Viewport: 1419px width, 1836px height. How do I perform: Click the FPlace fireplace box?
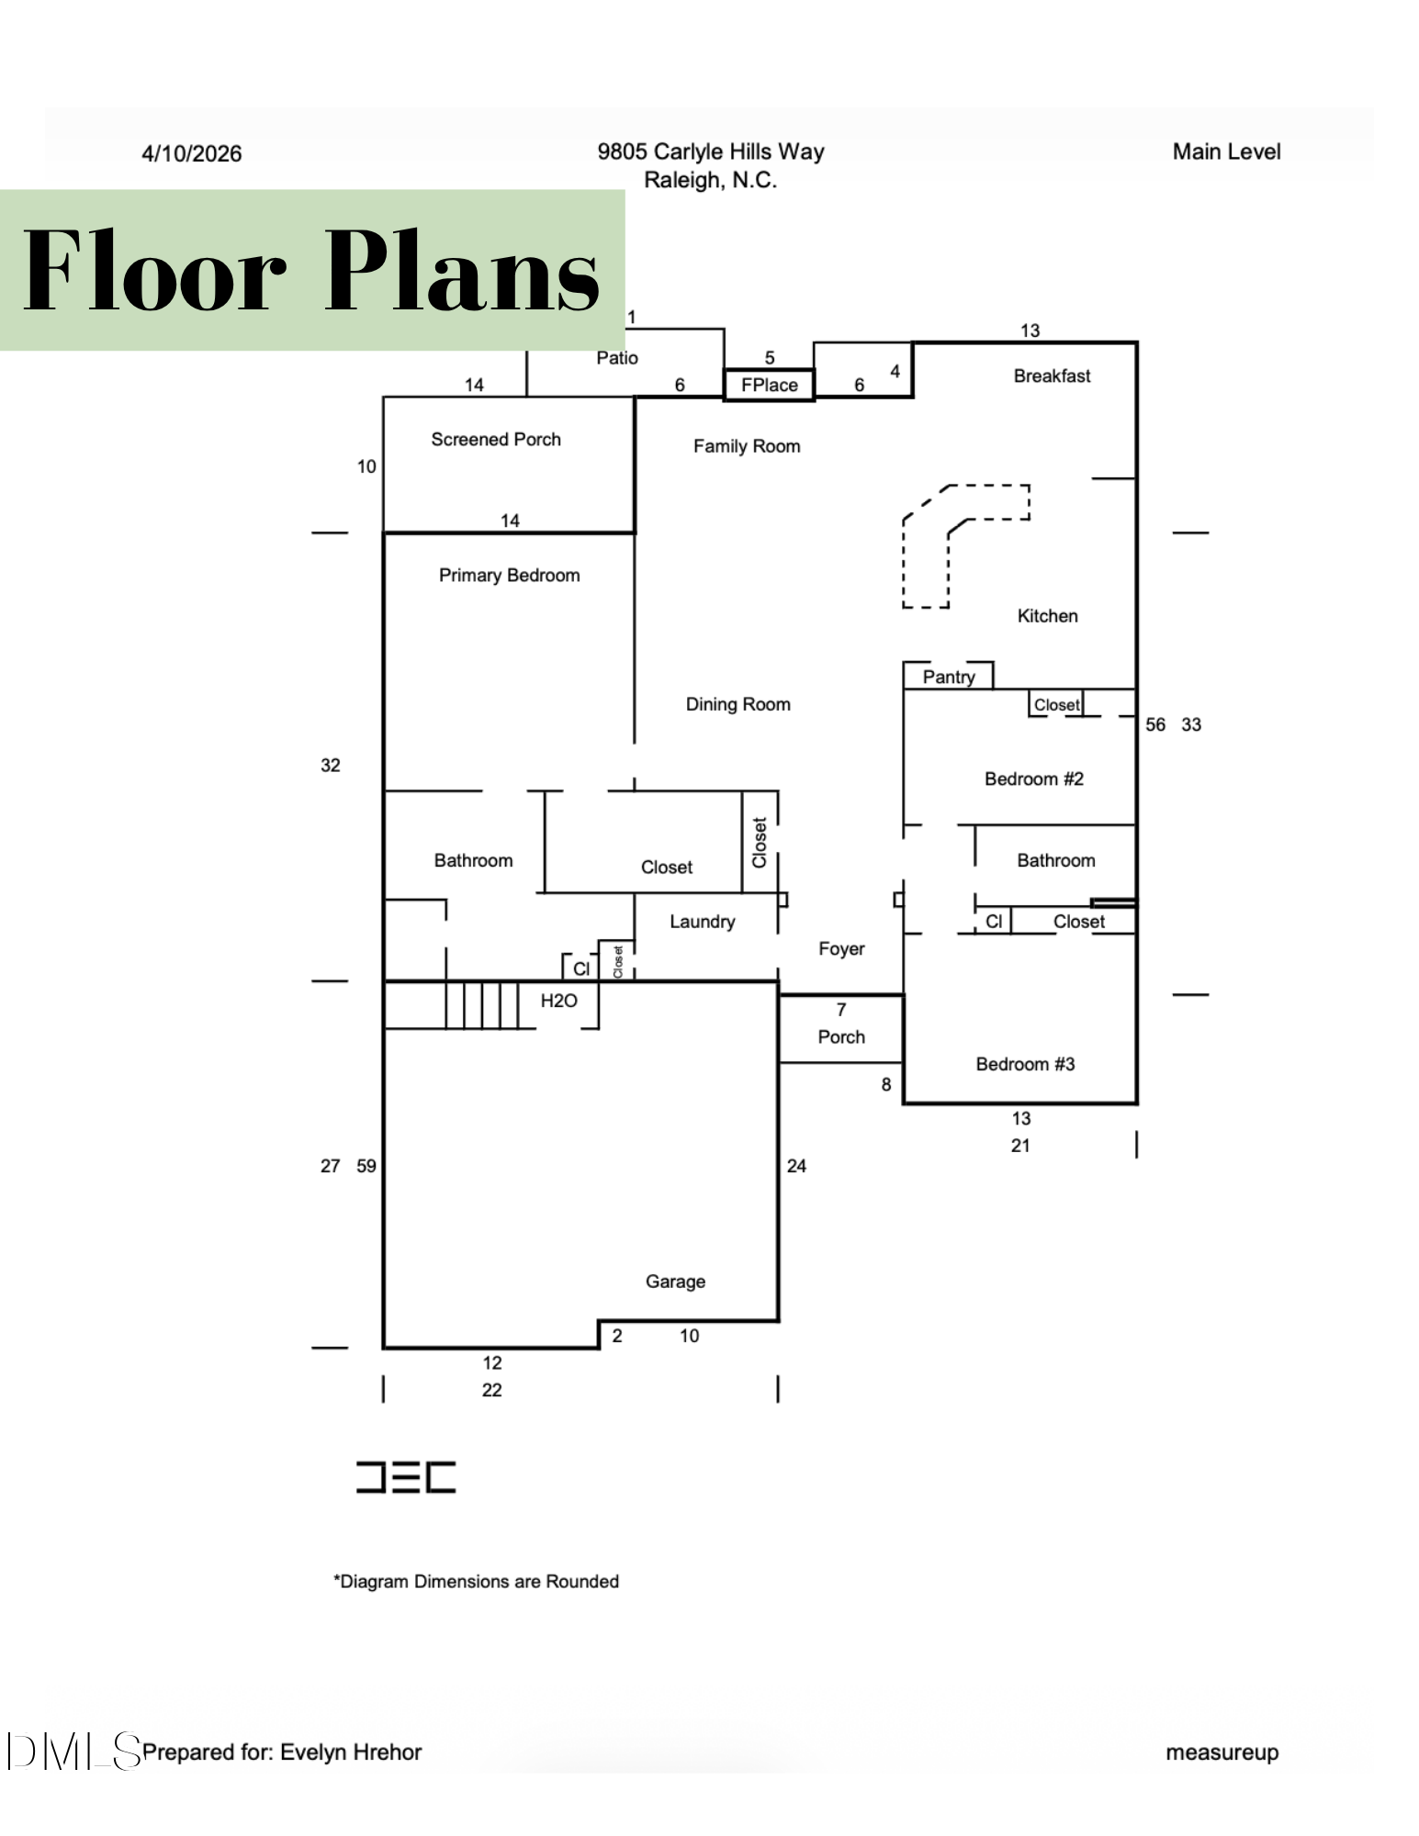click(769, 385)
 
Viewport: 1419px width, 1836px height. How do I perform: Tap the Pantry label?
click(949, 677)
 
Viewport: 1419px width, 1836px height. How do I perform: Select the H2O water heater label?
click(558, 1001)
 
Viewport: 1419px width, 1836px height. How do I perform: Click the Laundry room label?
click(703, 922)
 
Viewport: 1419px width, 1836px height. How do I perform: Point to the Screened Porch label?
click(496, 440)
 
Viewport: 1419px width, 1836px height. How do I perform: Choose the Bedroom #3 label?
click(1025, 1064)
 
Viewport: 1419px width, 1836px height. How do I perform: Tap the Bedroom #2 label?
click(1034, 779)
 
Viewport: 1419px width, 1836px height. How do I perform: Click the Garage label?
click(675, 1282)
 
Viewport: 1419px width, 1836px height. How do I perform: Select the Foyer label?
click(841, 949)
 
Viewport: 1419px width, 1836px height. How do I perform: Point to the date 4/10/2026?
click(191, 153)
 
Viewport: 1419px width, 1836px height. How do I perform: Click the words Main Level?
click(1226, 151)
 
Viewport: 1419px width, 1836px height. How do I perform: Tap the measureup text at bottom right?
click(1222, 1752)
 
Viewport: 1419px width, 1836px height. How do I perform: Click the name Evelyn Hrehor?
click(351, 1752)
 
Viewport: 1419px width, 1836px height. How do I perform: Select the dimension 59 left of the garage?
click(366, 1166)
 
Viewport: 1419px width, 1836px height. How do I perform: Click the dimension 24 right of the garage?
click(796, 1166)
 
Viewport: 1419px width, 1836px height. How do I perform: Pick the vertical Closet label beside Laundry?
click(760, 843)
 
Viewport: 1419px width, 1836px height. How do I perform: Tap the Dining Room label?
click(738, 704)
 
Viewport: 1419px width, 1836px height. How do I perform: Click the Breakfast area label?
click(1052, 375)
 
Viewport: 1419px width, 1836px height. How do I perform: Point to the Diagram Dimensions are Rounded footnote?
click(476, 1582)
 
